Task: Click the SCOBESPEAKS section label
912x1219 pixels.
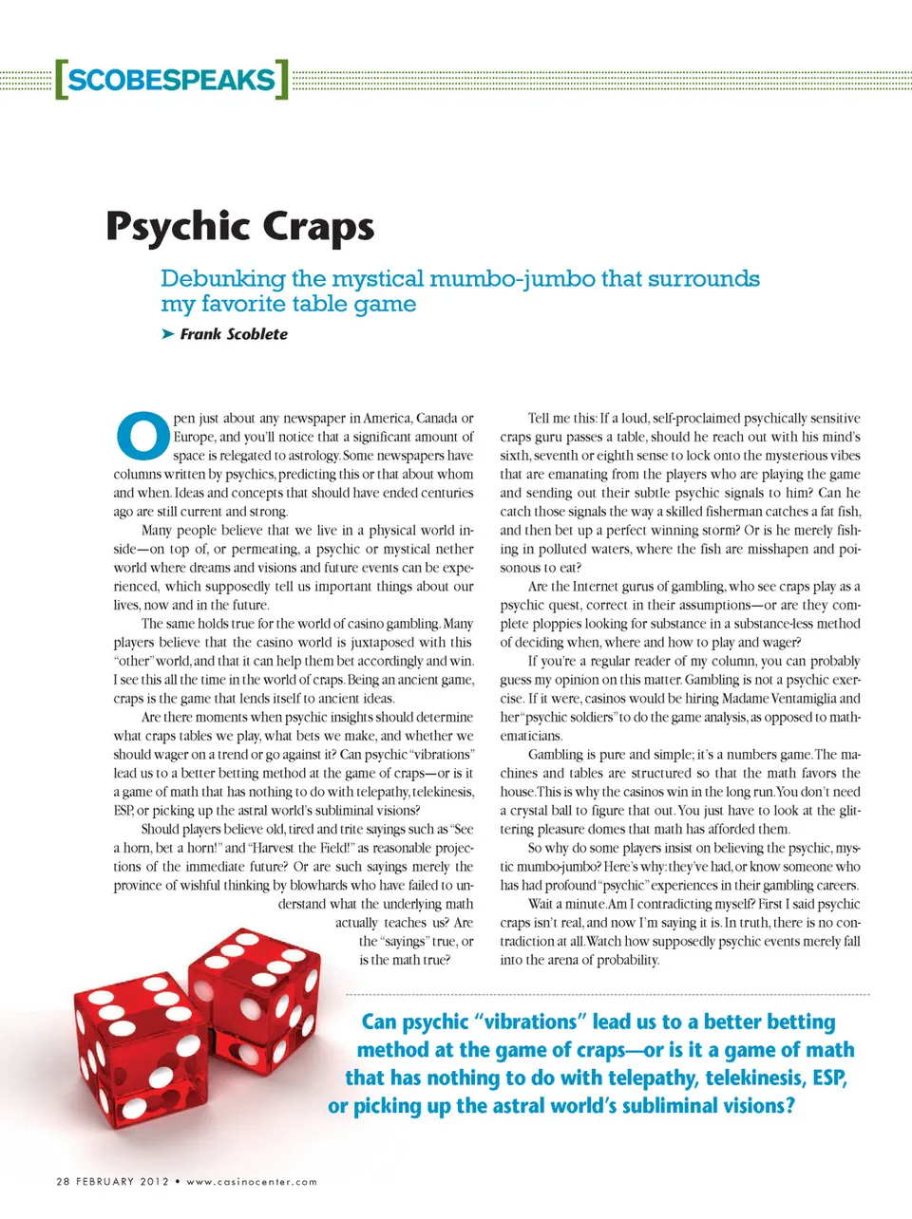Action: (171, 80)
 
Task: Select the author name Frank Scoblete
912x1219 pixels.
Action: (234, 334)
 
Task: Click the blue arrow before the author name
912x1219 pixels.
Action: (168, 334)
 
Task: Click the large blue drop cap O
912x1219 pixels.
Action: (142, 435)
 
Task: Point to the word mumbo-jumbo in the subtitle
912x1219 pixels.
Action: (511, 279)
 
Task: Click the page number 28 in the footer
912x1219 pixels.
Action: (64, 1182)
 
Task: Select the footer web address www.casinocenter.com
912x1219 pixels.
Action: (252, 1182)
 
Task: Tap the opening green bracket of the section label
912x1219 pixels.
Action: (61, 80)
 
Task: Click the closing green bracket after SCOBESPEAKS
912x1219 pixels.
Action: (282, 80)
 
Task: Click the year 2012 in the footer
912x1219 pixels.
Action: (154, 1182)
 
